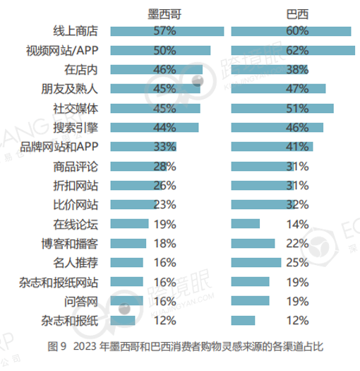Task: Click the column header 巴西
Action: click(x=297, y=14)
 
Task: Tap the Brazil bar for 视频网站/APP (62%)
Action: click(x=292, y=50)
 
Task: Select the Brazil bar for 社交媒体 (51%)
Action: click(x=282, y=108)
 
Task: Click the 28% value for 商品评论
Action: click(x=164, y=166)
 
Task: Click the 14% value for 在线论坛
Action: click(x=297, y=224)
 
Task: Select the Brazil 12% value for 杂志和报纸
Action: click(x=297, y=320)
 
